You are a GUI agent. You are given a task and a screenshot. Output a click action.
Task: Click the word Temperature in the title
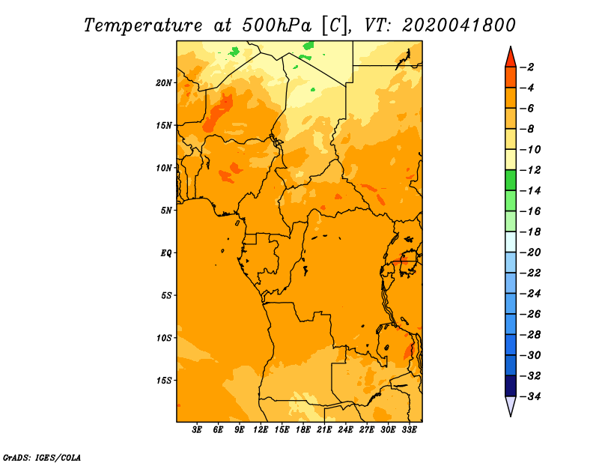coord(143,25)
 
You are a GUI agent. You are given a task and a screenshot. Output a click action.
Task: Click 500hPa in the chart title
coord(277,25)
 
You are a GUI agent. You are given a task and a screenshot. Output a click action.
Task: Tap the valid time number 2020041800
coord(459,25)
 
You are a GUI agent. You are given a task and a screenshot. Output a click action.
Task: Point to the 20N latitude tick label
coord(164,83)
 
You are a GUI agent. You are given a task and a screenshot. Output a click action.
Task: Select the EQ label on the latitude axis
coord(165,253)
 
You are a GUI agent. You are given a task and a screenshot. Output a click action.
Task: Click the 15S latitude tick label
coord(164,381)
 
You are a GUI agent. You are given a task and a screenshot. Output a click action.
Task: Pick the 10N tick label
coord(164,168)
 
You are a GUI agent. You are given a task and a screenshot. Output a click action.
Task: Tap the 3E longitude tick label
coord(197,429)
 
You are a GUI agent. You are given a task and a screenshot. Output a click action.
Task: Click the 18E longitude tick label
coord(303,429)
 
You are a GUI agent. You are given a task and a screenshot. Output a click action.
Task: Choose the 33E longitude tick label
coord(409,429)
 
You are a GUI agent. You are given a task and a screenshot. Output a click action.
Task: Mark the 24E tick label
coord(345,429)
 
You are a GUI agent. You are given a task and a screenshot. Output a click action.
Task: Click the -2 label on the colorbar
coord(527,67)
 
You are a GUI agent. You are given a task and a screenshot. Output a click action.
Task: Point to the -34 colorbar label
coord(529,396)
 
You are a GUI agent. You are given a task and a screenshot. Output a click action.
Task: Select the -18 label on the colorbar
coord(529,232)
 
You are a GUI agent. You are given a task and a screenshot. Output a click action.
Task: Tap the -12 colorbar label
coord(529,170)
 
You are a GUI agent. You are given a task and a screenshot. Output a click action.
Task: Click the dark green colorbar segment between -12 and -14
coord(511,181)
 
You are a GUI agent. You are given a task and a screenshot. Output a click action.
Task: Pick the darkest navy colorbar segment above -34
coord(511,386)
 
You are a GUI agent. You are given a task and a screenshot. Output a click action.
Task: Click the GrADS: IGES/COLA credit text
coord(42,458)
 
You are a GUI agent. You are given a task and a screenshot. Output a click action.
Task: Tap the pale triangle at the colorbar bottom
coord(511,405)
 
